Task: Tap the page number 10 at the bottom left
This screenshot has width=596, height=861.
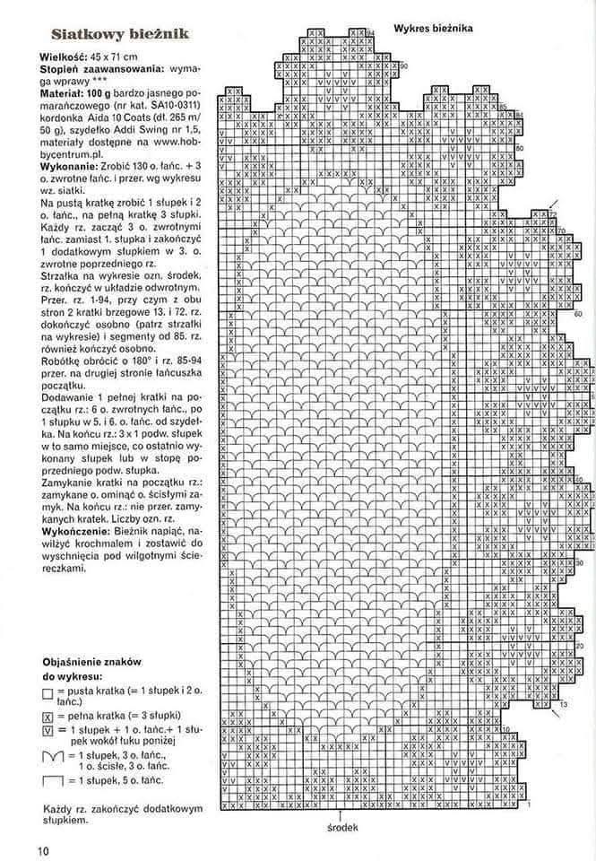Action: point(42,850)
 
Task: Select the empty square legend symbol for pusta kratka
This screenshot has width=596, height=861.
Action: point(48,694)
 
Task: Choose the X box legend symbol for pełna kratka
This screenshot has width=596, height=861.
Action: point(48,717)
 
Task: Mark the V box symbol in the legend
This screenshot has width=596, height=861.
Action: point(48,731)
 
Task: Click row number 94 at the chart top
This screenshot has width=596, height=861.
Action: point(370,33)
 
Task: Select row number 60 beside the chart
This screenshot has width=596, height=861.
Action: point(578,314)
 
